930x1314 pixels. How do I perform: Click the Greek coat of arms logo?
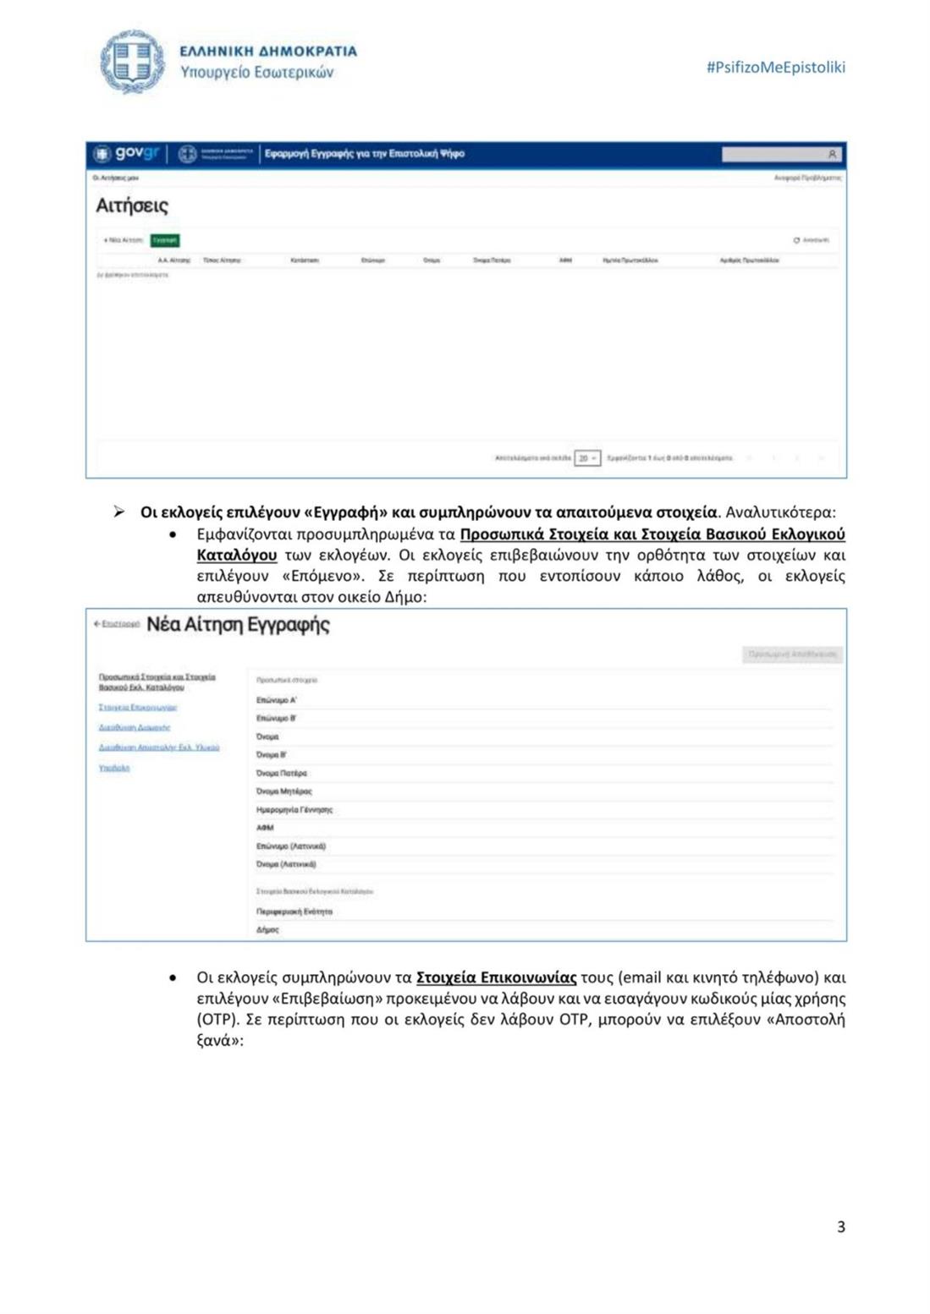click(133, 62)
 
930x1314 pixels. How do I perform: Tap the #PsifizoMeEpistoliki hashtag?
click(775, 68)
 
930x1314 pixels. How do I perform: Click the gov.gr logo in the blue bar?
click(127, 154)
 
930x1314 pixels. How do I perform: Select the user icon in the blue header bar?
click(832, 155)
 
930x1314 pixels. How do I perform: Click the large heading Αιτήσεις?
click(132, 205)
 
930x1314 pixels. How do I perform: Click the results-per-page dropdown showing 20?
click(587, 458)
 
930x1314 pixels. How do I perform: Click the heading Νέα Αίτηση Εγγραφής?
click(238, 625)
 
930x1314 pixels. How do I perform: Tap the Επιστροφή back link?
click(117, 624)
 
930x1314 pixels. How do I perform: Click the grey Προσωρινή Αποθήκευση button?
click(792, 654)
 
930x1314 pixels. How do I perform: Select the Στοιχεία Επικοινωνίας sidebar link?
click(138, 707)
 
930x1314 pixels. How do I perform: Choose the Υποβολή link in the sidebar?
click(114, 768)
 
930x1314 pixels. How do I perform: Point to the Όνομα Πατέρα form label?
click(282, 773)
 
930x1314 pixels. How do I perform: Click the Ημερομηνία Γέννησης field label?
click(294, 809)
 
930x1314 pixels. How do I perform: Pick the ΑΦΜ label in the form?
click(265, 828)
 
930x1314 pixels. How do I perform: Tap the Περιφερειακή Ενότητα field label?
click(294, 912)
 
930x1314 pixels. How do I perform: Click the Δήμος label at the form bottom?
click(267, 929)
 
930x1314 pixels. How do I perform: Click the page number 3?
click(840, 1227)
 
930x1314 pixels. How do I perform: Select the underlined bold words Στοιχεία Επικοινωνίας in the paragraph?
click(496, 977)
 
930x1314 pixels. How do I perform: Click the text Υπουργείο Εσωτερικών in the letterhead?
click(257, 73)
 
